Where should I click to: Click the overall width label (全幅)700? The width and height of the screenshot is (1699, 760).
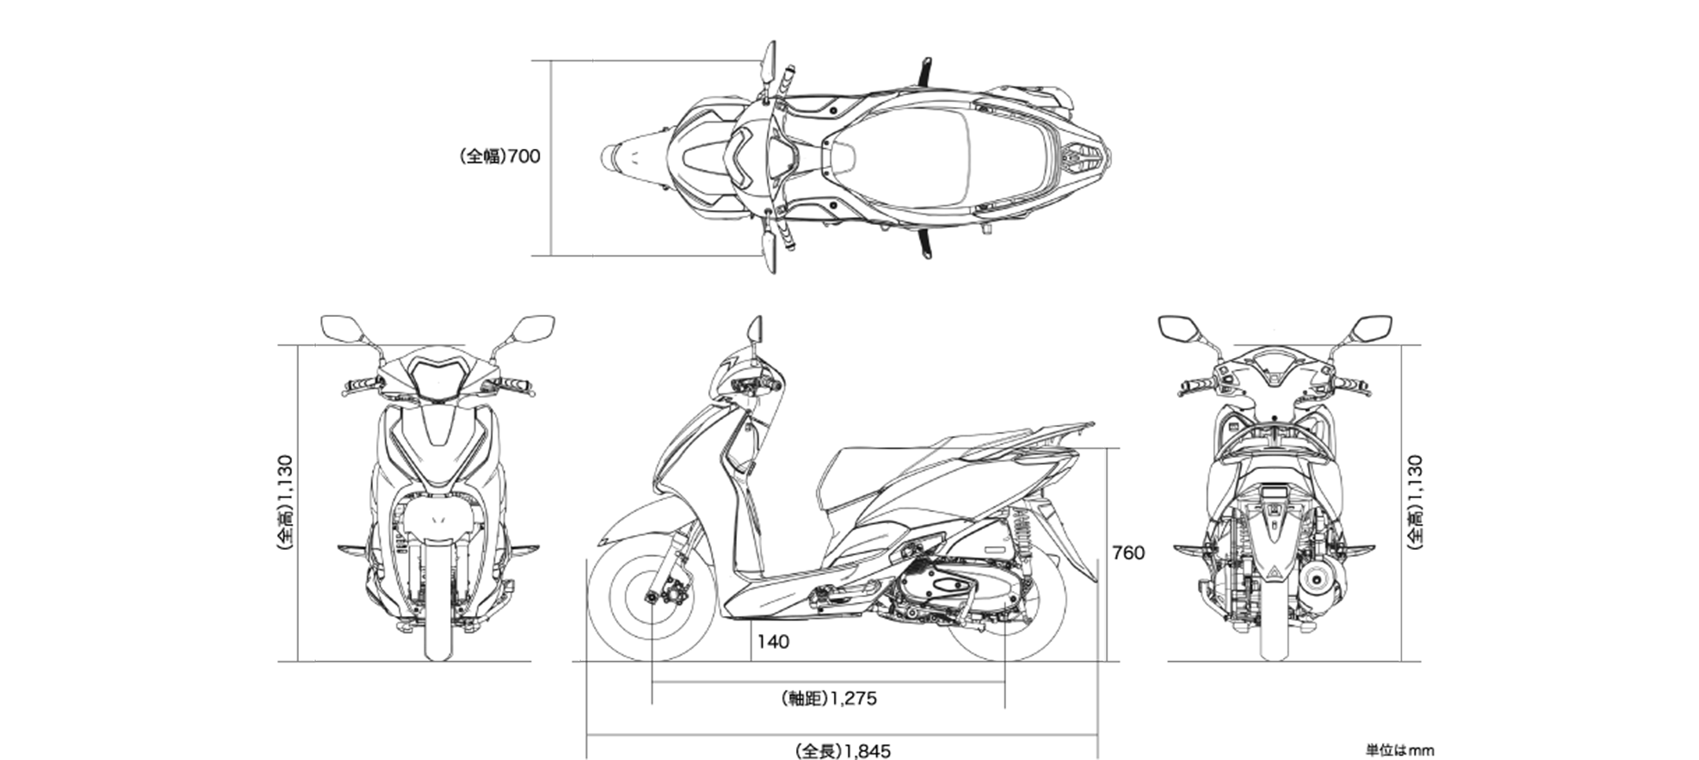point(500,157)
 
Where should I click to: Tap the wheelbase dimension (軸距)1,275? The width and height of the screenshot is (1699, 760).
point(829,698)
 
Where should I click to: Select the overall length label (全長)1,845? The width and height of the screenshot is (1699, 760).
point(842,751)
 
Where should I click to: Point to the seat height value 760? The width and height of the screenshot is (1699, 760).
point(1128,553)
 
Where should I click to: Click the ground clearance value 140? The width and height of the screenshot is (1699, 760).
point(773,642)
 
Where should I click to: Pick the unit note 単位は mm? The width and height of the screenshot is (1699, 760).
point(1399,751)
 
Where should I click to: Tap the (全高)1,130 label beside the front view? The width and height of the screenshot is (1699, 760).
point(285,502)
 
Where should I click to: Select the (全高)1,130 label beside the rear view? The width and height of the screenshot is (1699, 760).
point(1413,502)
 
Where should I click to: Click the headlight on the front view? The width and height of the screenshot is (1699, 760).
point(438,378)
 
